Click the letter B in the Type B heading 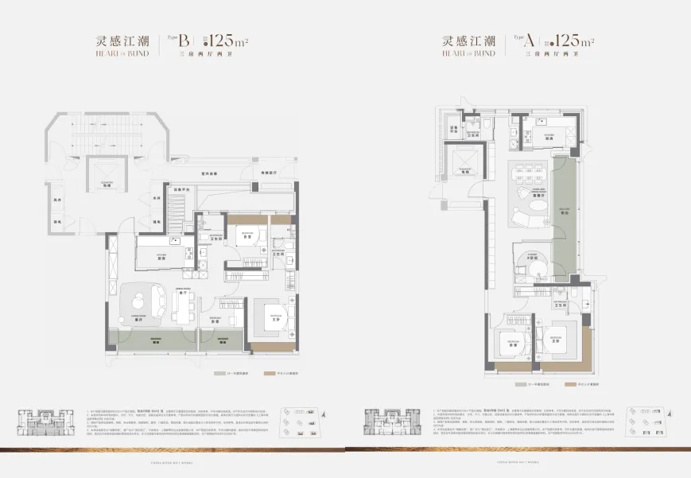tap(184, 41)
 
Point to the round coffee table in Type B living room tap(142, 300)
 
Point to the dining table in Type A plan tap(527, 171)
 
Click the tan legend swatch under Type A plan tap(570, 384)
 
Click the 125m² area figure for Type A tap(571, 41)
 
